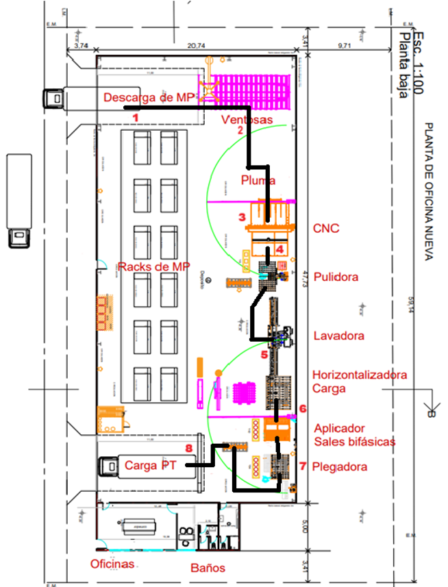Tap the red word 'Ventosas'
pyautogui.click(x=247, y=120)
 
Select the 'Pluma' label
pyautogui.click(x=258, y=180)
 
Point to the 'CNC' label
pyautogui.click(x=325, y=228)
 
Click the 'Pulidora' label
pyautogui.click(x=336, y=277)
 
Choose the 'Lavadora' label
pyautogui.click(x=338, y=336)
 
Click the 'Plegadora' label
pyautogui.click(x=339, y=467)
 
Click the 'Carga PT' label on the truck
pyautogui.click(x=149, y=466)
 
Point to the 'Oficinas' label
pyautogui.click(x=112, y=564)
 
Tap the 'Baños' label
pyautogui.click(x=208, y=568)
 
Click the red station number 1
pyautogui.click(x=135, y=117)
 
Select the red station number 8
pyautogui.click(x=188, y=449)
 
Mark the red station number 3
pyautogui.click(x=241, y=218)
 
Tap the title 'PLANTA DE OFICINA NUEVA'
pyautogui.click(x=429, y=192)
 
